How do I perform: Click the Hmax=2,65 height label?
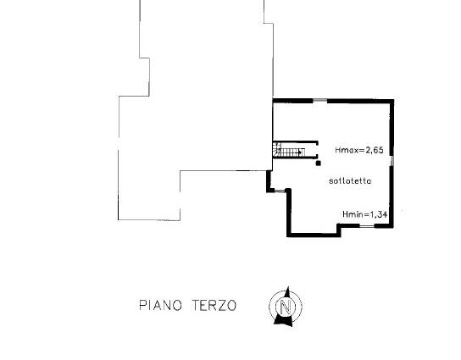[x=359, y=150]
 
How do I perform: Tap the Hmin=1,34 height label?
[x=365, y=214]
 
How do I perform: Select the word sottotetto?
[x=350, y=180]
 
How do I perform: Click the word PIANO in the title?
[x=160, y=305]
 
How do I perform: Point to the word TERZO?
[x=214, y=305]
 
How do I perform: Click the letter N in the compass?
[x=286, y=307]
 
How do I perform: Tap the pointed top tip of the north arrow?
[x=288, y=286]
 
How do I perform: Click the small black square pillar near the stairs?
[x=318, y=163]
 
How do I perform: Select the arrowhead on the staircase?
[x=300, y=152]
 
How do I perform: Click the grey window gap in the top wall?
[x=319, y=101]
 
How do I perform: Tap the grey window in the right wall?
[x=392, y=161]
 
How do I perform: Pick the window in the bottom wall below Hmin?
[x=367, y=225]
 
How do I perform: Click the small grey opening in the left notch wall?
[x=280, y=191]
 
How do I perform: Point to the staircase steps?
[x=288, y=150]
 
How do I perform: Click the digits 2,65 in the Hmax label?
[x=375, y=150]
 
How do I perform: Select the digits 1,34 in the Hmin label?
[x=379, y=214]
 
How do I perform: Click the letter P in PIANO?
[x=142, y=305]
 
